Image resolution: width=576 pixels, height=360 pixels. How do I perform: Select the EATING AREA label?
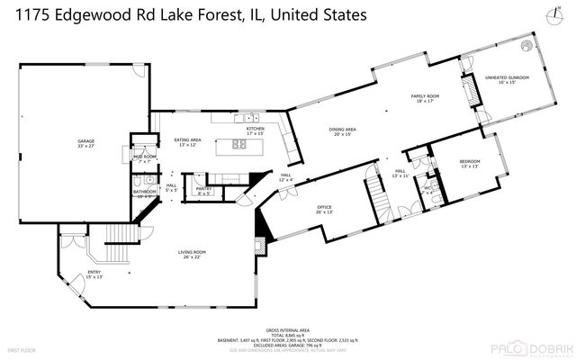pyautogui.click(x=186, y=140)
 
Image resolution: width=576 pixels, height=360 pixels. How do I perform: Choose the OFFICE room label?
pyautogui.click(x=324, y=208)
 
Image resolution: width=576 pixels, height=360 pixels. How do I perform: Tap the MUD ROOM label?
pyautogui.click(x=145, y=157)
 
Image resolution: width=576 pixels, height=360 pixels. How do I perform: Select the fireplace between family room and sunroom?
pyautogui.click(x=468, y=92)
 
